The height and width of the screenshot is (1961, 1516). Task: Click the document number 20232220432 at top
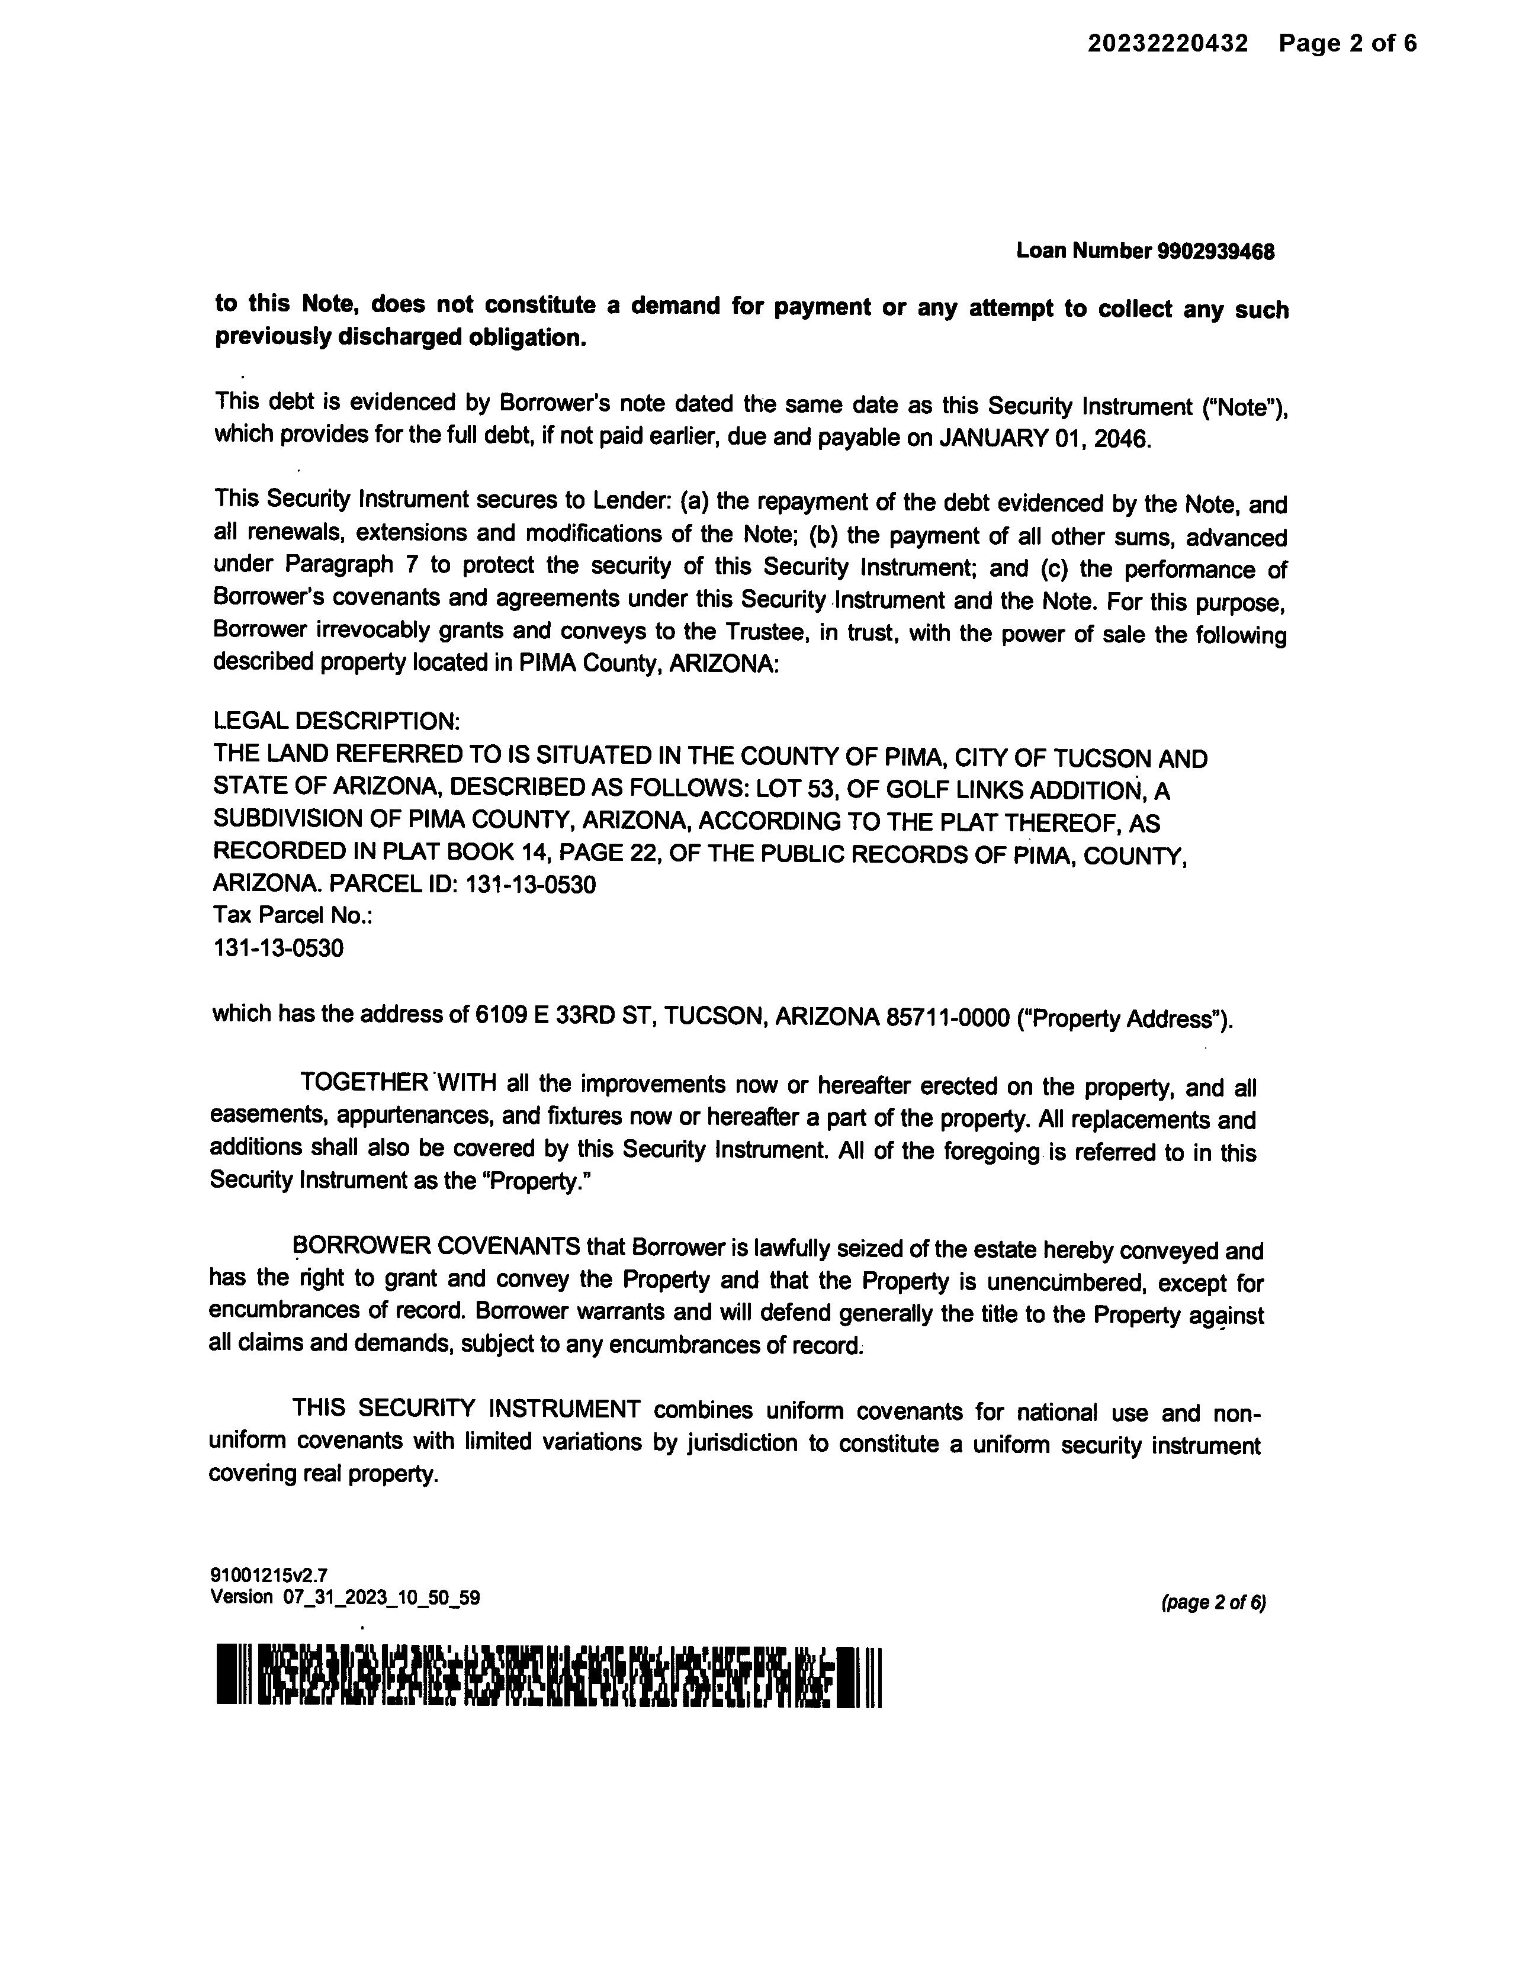click(1168, 43)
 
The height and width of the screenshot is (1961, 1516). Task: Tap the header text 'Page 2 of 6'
click(1348, 43)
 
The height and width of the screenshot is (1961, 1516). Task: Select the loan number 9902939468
click(1216, 252)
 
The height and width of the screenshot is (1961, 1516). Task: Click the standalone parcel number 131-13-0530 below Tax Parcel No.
click(278, 948)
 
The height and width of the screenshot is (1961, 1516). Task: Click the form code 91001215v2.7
click(268, 1575)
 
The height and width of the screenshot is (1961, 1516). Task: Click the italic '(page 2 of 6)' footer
click(1213, 1603)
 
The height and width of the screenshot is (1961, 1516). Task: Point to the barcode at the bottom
click(549, 1676)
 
